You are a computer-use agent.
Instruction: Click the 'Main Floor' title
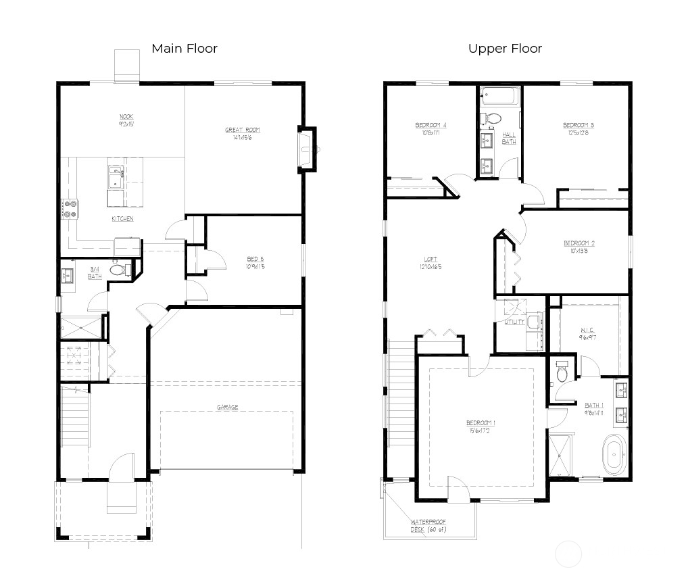point(184,48)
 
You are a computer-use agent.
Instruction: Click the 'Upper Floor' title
point(505,48)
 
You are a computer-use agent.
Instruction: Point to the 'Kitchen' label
point(122,218)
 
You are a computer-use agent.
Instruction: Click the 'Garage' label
point(227,407)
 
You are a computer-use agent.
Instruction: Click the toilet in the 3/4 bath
point(118,270)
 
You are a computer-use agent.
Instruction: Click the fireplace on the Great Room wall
point(308,149)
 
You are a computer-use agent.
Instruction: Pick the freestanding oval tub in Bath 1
point(614,454)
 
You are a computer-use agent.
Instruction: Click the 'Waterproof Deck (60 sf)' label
point(428,525)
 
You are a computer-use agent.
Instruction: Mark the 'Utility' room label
point(514,322)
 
